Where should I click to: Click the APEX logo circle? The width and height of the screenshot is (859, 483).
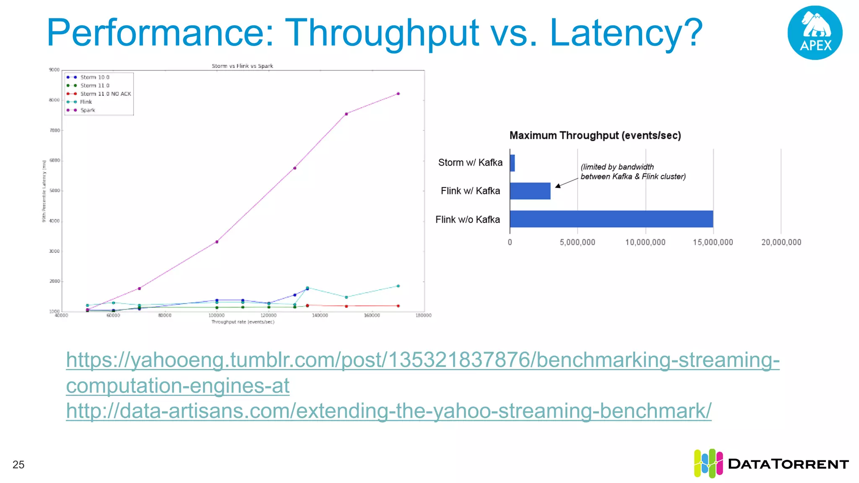click(815, 33)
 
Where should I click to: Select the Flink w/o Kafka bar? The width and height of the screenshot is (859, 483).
click(611, 219)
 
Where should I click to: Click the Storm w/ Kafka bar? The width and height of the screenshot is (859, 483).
click(512, 163)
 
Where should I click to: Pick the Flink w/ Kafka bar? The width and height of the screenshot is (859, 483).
click(530, 191)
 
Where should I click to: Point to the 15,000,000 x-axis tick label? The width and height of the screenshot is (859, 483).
click(713, 242)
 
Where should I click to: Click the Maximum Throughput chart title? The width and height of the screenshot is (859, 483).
click(595, 135)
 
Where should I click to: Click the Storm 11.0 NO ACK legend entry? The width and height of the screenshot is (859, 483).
click(105, 94)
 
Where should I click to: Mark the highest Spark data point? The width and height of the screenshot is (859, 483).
click(398, 94)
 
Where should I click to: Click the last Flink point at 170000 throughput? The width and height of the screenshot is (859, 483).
click(398, 286)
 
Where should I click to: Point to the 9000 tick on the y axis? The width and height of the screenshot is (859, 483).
click(54, 70)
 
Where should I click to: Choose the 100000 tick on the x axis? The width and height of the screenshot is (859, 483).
click(216, 315)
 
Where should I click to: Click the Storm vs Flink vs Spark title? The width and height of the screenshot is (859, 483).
click(242, 66)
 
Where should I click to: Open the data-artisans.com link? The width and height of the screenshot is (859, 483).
click(388, 411)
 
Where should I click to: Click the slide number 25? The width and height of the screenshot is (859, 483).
click(18, 465)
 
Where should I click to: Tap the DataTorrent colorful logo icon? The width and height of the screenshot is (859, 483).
click(708, 463)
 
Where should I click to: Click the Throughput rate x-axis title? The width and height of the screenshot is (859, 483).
click(242, 322)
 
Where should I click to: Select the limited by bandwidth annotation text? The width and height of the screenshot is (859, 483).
click(633, 172)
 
